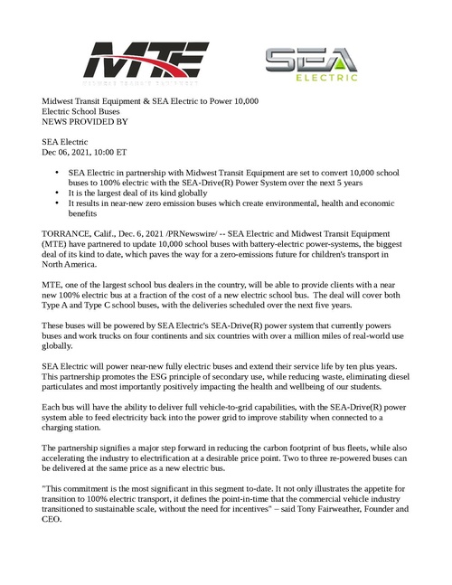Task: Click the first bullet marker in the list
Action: (59, 171)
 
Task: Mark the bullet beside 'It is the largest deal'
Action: (59, 193)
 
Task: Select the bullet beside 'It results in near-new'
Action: (59, 203)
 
